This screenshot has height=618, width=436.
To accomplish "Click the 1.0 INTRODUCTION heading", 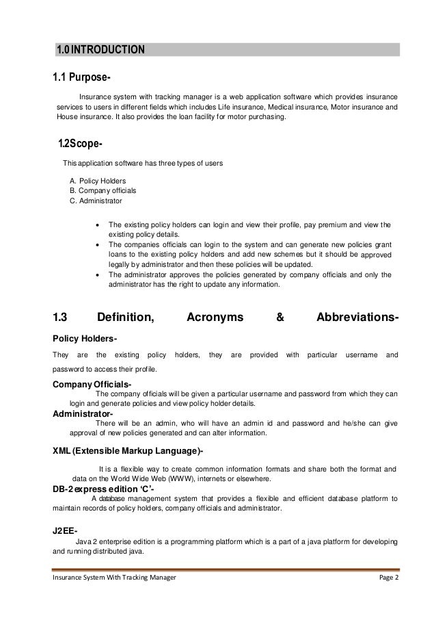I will (100, 49).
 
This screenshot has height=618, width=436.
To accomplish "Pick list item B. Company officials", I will (103, 190).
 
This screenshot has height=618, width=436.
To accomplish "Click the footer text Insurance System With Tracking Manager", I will (114, 578).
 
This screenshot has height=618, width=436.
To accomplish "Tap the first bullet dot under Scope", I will (100, 224).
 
